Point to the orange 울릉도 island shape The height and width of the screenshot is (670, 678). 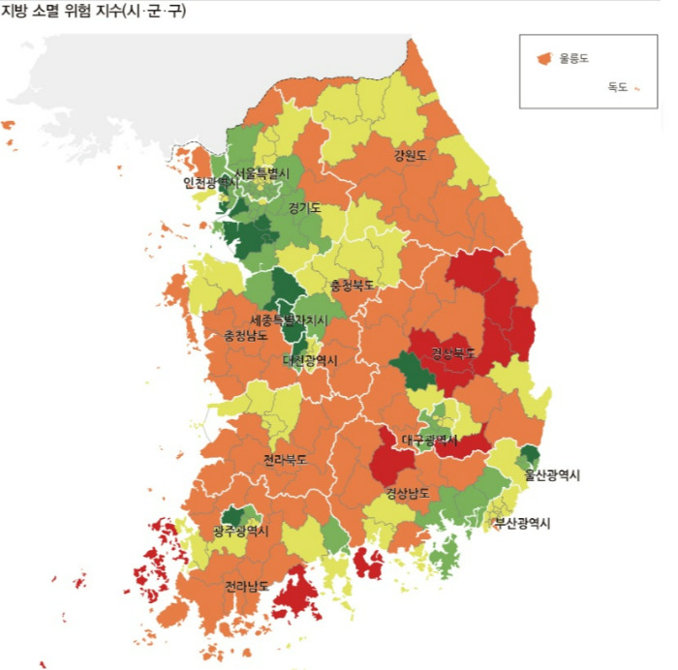coord(545,58)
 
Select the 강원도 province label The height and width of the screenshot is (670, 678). coord(410,155)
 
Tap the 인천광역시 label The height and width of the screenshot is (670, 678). coord(212,182)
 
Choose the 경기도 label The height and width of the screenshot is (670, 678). coord(304,207)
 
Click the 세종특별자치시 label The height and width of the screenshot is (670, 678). coord(289,320)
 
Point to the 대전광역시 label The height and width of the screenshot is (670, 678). coord(311,360)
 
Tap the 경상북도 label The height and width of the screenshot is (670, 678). coord(453,352)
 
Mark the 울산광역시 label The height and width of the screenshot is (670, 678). coord(552,474)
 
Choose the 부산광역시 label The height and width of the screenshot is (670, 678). coord(522,523)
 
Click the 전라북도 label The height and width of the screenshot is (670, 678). coord(285,460)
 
